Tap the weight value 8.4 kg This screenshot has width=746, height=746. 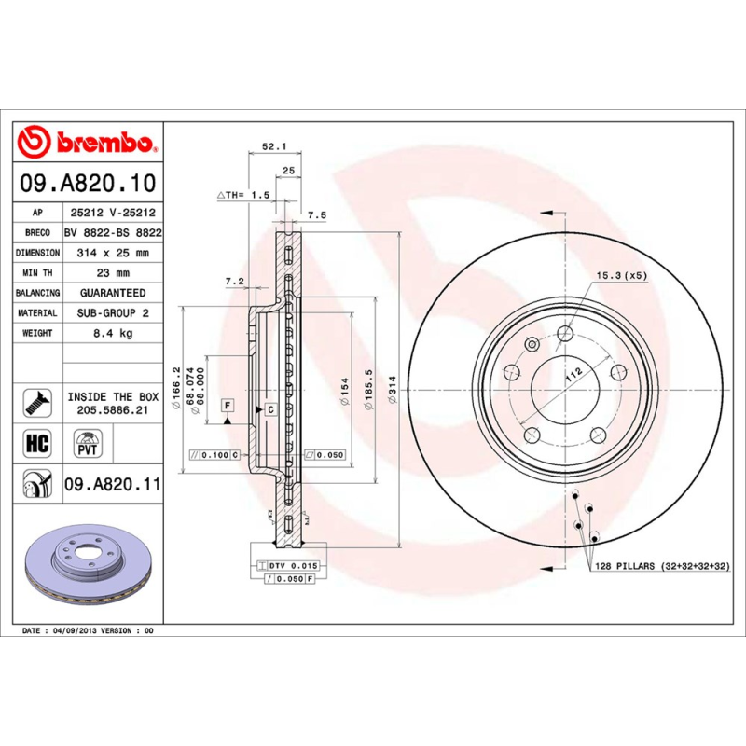coord(113,333)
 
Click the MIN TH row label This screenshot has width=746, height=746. coord(38,272)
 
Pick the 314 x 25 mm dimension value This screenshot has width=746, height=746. coord(113,253)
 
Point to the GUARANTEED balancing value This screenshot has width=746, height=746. coord(113,293)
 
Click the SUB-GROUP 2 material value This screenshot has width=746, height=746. coord(113,313)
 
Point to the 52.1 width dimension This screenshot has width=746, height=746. coord(272,146)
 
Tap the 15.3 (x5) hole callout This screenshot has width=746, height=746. coord(622,276)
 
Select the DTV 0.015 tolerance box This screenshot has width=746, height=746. coord(294,566)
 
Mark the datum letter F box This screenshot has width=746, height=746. coord(227,405)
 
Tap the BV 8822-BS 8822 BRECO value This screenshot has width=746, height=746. coord(113,233)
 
